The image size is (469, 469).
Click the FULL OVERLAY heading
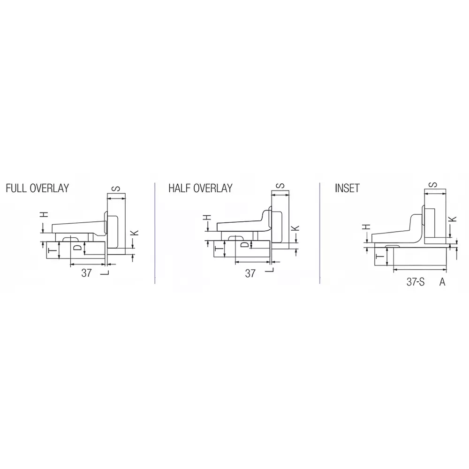pyautogui.click(x=38, y=188)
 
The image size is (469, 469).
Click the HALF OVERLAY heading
pyautogui.click(x=200, y=188)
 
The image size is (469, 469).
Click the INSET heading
pyautogui.click(x=347, y=188)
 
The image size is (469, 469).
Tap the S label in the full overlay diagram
pyautogui.click(x=117, y=189)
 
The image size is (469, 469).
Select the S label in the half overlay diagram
pyautogui.click(x=280, y=186)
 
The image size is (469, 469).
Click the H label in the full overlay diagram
pyautogui.click(x=44, y=215)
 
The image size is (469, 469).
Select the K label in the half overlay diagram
pyautogui.click(x=296, y=228)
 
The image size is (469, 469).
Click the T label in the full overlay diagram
pyautogui.click(x=53, y=251)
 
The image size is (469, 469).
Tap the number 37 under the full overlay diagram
pyautogui.click(x=86, y=273)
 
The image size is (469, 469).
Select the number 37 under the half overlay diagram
pyautogui.click(x=250, y=273)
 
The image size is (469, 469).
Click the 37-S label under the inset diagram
pyautogui.click(x=416, y=282)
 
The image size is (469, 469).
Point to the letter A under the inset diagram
pyautogui.click(x=442, y=282)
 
